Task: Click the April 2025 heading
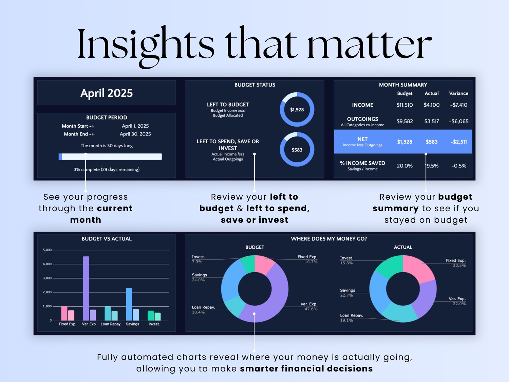(x=107, y=93)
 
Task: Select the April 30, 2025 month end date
(x=135, y=134)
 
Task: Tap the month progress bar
(x=110, y=157)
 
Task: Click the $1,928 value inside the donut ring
(x=297, y=110)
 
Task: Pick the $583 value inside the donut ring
(x=297, y=150)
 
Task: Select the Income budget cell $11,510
(x=404, y=105)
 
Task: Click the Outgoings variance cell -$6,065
(x=458, y=121)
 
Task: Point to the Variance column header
(x=458, y=93)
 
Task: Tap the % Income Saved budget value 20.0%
(x=404, y=166)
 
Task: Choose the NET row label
(x=362, y=139)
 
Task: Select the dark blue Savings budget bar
(x=129, y=304)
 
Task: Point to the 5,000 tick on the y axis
(x=47, y=250)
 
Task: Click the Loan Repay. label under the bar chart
(x=111, y=324)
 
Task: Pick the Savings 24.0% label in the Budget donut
(x=199, y=277)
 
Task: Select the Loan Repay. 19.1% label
(x=352, y=318)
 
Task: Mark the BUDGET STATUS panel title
(x=255, y=85)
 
